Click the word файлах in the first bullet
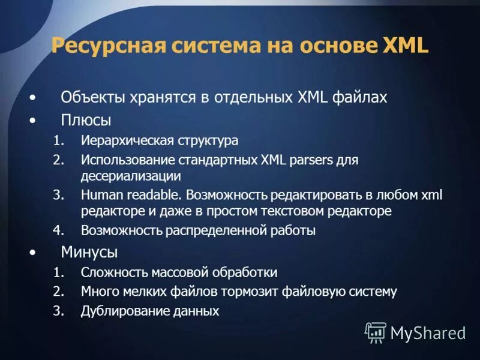coord(362,97)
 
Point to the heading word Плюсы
coord(86,120)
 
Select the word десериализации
coord(131,176)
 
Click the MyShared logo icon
coord(376,332)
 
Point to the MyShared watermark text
coord(428,333)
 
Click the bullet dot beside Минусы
coord(32,251)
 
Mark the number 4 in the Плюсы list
coord(57,230)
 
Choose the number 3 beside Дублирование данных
coord(57,311)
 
